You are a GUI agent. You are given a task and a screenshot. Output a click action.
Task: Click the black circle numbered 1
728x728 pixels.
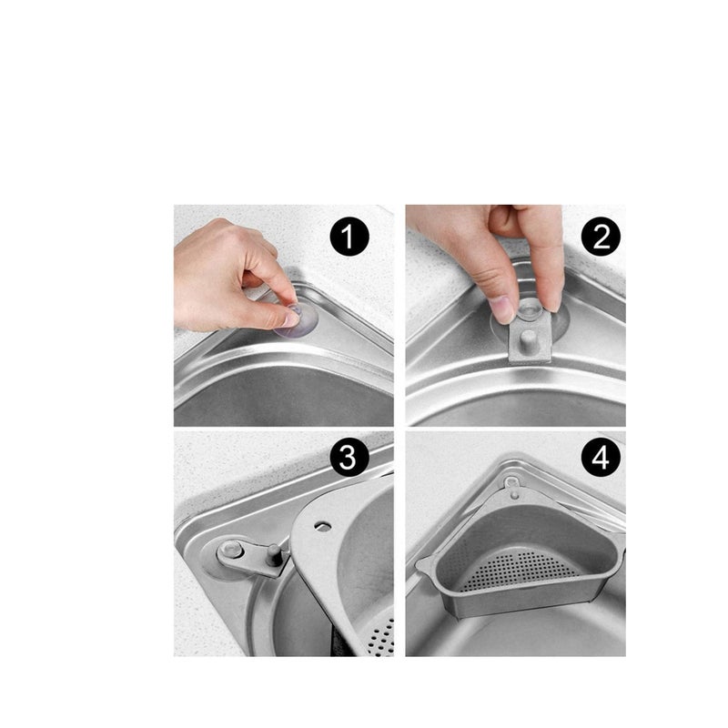click(349, 238)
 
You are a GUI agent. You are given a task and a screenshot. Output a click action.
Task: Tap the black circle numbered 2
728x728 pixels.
click(601, 238)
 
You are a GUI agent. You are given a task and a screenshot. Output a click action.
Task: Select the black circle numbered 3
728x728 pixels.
click(349, 457)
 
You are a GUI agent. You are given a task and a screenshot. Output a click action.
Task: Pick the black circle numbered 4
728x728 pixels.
click(601, 457)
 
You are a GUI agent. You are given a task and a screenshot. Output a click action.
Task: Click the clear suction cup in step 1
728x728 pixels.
click(298, 320)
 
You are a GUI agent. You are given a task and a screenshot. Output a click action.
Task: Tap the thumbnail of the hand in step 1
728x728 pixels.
click(291, 319)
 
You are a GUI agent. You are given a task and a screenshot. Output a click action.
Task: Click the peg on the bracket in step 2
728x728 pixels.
click(528, 339)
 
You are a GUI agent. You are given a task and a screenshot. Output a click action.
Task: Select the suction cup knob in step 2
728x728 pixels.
click(530, 308)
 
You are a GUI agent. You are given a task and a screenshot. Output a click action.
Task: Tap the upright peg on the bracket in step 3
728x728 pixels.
click(273, 555)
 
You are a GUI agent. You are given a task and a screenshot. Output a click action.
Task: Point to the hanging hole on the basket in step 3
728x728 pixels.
click(322, 526)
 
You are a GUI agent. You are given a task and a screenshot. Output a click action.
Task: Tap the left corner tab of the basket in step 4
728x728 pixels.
click(424, 565)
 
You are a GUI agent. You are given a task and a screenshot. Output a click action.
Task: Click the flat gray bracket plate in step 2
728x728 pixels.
click(530, 338)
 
